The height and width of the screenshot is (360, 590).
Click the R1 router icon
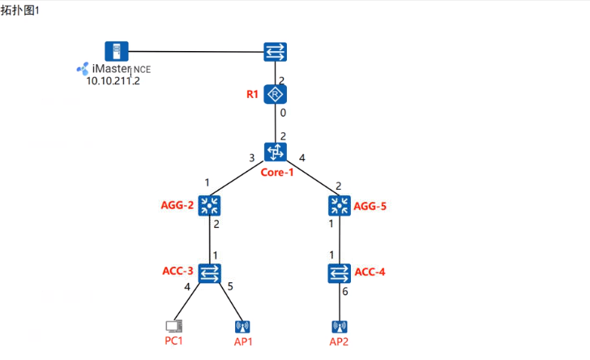[x=277, y=95]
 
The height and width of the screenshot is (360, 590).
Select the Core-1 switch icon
[x=276, y=152]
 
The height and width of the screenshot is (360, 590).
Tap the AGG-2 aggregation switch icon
[x=212, y=205]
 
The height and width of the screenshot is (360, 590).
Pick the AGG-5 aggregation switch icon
[x=340, y=205]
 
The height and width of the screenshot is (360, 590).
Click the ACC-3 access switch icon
[x=212, y=272]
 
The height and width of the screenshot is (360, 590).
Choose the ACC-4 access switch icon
[x=340, y=272]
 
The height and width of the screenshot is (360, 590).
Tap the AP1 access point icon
[x=242, y=327]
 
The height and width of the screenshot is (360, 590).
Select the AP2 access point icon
[x=340, y=327]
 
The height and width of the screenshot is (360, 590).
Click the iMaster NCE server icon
[x=117, y=51]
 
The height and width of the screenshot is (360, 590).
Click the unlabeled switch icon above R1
[x=277, y=53]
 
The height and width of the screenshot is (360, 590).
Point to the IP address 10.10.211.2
[x=113, y=80]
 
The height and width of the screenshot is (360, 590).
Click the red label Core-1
[x=277, y=173]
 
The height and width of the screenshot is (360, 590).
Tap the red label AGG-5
[x=370, y=206]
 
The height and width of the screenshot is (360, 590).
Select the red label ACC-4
[x=370, y=272]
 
